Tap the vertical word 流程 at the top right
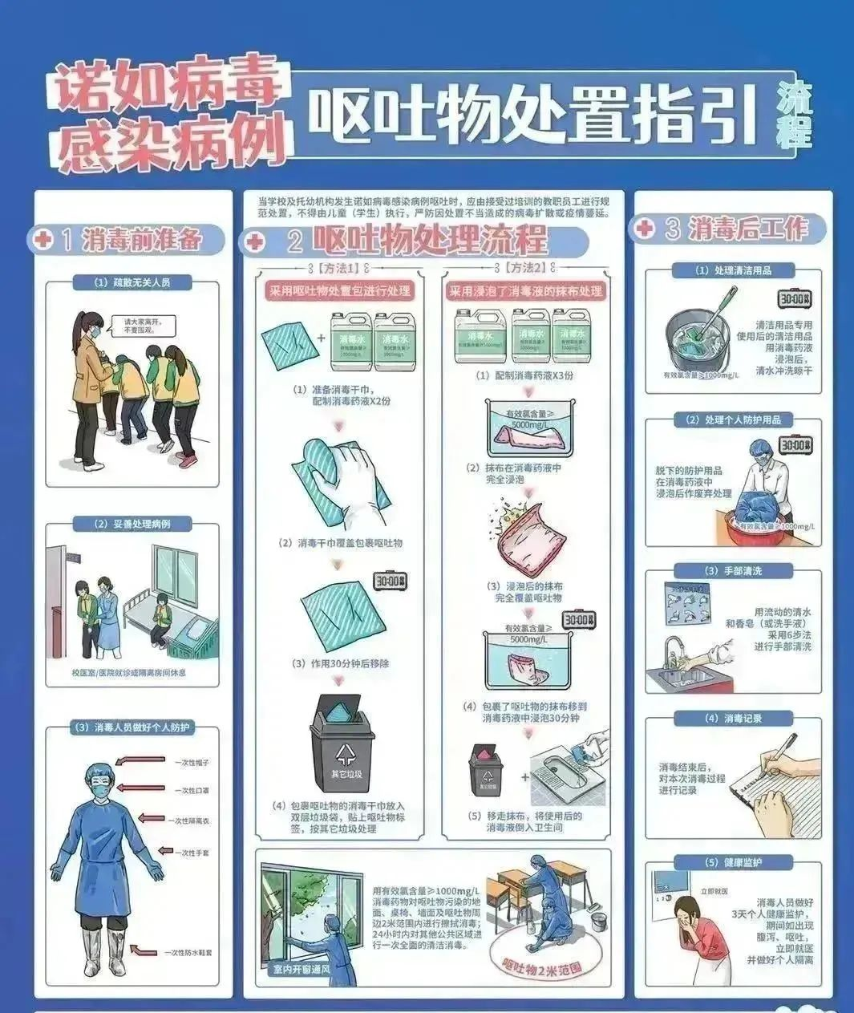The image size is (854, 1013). [794, 115]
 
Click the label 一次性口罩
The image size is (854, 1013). [192, 790]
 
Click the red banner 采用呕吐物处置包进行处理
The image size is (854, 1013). [339, 290]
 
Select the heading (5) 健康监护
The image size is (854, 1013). [733, 862]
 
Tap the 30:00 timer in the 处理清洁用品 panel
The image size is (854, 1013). [795, 299]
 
